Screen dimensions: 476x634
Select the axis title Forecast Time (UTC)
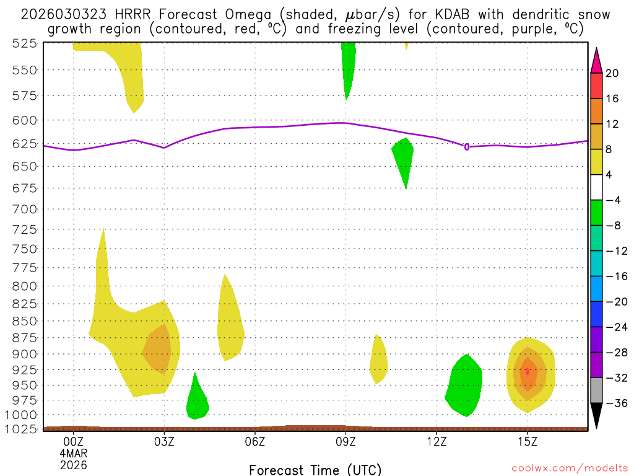tap(315, 469)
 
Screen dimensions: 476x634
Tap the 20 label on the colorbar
tap(612, 73)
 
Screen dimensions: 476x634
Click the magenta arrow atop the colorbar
tap(596, 60)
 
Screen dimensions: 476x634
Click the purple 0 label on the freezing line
tap(466, 147)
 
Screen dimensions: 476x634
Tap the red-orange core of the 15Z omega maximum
tap(527, 371)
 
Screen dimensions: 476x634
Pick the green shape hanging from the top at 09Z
tap(348, 65)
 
